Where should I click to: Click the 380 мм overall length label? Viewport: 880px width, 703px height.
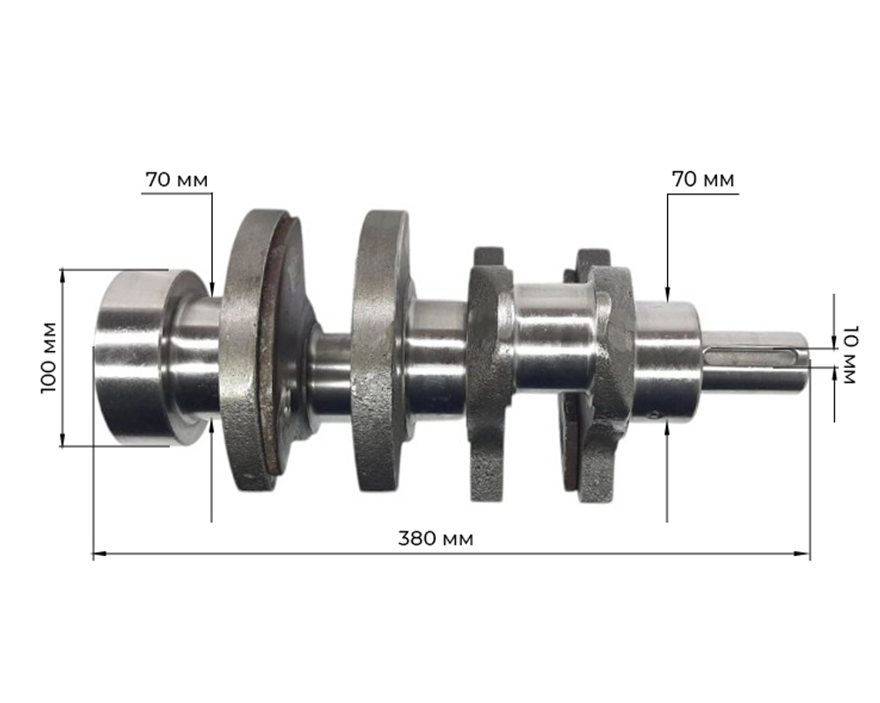tap(435, 538)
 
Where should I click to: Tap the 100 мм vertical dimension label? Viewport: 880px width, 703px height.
tap(49, 357)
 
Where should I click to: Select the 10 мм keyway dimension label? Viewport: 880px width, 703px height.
tap(848, 355)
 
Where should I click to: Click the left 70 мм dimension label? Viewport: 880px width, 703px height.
tap(177, 180)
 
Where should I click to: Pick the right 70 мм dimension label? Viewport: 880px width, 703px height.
tap(703, 180)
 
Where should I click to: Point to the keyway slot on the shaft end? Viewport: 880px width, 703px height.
tap(756, 355)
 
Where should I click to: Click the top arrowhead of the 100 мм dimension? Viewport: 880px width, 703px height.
tap(62, 275)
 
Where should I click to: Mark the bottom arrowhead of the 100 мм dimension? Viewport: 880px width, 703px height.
tap(62, 440)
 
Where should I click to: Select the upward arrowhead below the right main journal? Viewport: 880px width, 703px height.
tap(668, 428)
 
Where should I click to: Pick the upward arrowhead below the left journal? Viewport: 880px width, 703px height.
tap(212, 425)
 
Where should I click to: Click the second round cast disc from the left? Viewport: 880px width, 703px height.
tap(381, 352)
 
